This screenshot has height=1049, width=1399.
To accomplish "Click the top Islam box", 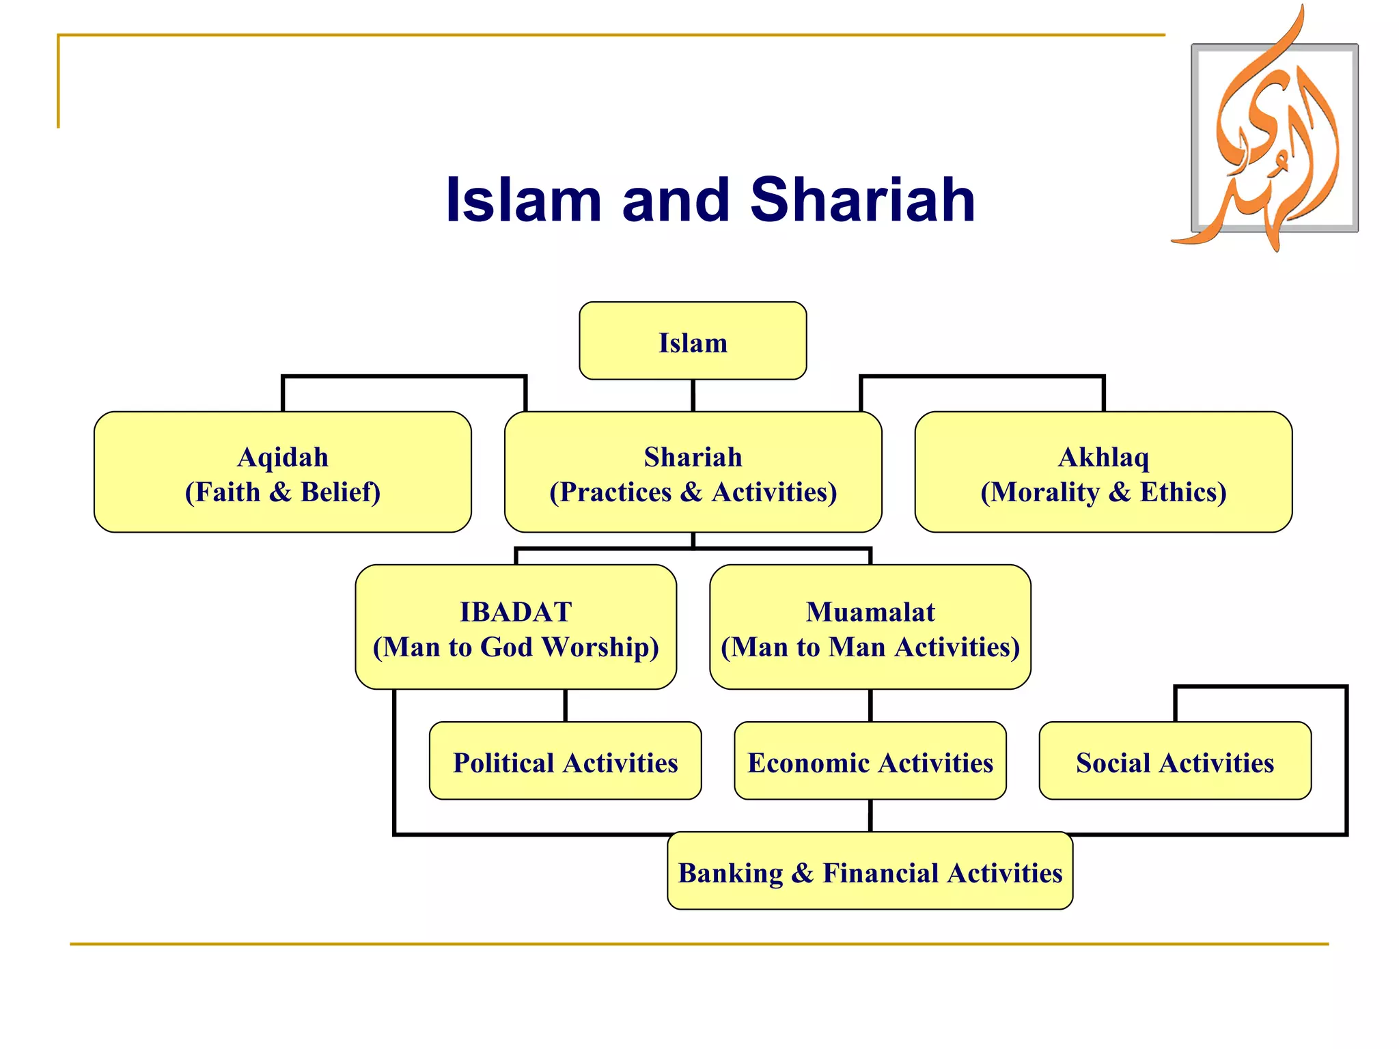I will tap(693, 341).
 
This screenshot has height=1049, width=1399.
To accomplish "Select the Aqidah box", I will tap(282, 472).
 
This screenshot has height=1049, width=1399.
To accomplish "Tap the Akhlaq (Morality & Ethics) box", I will tap(1103, 472).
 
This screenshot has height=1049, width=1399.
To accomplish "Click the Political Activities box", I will tap(565, 761).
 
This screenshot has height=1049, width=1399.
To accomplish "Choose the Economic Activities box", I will tap(870, 761).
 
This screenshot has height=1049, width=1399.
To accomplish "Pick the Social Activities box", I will tap(1174, 761).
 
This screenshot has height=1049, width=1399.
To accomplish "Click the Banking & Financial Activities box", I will tap(870, 872).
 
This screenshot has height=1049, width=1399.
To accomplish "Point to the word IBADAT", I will tap(516, 612).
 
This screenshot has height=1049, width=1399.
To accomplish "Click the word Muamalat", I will tap(870, 612).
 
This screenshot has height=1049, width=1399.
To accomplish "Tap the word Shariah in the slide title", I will tap(862, 199).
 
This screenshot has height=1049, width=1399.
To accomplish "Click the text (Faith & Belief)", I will tap(282, 492).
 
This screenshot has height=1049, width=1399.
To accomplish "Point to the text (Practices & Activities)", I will tap(693, 492).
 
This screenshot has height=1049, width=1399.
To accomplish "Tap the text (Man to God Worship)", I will tap(516, 647).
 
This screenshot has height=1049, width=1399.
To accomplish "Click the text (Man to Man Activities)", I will tap(870, 647).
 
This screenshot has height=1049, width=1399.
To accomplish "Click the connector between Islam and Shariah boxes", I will tap(693, 395).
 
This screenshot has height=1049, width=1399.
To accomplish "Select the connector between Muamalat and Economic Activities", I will tap(870, 705).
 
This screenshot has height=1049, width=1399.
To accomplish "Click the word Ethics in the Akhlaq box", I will tap(1182, 492).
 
